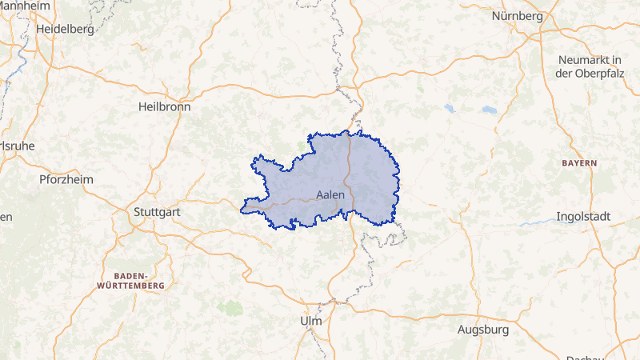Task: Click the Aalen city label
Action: point(330,194)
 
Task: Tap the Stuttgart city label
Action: point(157,213)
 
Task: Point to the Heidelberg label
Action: point(66,29)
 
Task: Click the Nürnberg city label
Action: point(518,16)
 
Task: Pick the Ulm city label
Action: point(310,321)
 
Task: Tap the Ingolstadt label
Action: point(583,217)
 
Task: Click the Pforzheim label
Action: point(66,179)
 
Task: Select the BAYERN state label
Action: point(579,162)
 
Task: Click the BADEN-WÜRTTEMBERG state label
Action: point(130,279)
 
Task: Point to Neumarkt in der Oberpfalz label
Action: point(590,67)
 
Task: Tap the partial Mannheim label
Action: point(24,6)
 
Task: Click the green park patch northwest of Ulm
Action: point(230,307)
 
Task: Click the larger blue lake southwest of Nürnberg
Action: point(489,110)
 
